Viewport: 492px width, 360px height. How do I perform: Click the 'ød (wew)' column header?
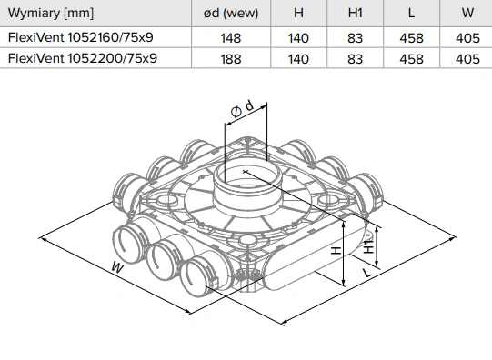231,13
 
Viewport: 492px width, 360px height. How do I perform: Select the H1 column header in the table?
356,13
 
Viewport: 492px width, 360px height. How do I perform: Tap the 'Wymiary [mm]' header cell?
51,14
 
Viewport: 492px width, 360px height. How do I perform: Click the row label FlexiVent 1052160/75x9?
81,37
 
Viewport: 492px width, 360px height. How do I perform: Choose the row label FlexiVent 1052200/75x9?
83,58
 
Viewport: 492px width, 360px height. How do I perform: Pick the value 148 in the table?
231,38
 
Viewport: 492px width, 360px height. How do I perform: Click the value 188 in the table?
231,59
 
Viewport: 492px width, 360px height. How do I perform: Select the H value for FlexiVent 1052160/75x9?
298,38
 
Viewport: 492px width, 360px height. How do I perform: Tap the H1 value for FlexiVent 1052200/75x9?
356,59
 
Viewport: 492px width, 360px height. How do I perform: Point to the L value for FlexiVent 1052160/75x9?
411,38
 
